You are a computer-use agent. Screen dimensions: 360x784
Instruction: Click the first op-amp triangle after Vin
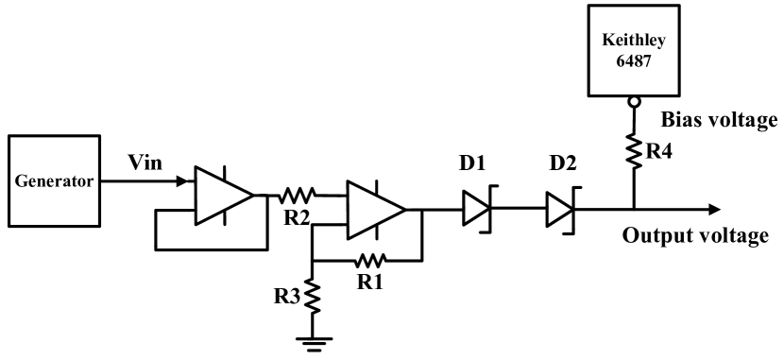[x=221, y=196]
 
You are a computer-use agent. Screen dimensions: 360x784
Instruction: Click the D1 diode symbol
[x=476, y=209]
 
